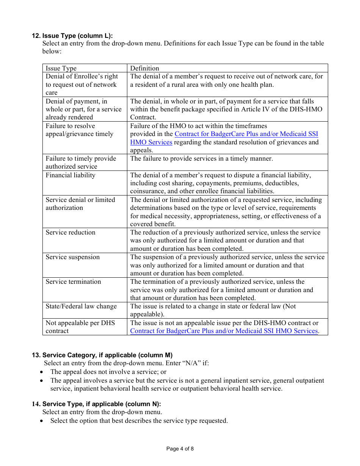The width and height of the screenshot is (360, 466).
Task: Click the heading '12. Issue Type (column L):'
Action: (x=72, y=36)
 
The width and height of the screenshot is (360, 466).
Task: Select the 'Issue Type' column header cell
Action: (x=61, y=68)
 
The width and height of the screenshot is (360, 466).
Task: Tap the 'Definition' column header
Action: (x=144, y=68)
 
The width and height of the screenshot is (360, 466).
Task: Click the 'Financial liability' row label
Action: (x=70, y=175)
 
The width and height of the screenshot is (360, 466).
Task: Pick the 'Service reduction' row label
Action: (x=70, y=232)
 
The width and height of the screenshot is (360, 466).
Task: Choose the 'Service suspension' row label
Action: (x=72, y=257)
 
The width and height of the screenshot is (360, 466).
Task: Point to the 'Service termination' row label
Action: (x=73, y=281)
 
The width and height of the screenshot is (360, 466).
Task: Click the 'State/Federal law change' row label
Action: (x=81, y=306)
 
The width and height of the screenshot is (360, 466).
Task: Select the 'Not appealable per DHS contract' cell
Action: (x=80, y=327)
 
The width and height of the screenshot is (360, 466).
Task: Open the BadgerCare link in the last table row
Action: (x=224, y=331)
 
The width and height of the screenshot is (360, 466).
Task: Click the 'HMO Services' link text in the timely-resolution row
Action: (x=151, y=142)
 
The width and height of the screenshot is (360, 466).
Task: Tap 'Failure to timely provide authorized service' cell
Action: (x=81, y=162)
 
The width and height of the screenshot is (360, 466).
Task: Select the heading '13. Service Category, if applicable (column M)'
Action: (x=102, y=355)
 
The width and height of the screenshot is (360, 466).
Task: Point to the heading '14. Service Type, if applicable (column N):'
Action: (x=96, y=404)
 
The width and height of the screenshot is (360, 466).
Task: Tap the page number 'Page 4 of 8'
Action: (x=180, y=449)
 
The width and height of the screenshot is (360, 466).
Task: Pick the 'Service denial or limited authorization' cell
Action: (x=80, y=203)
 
